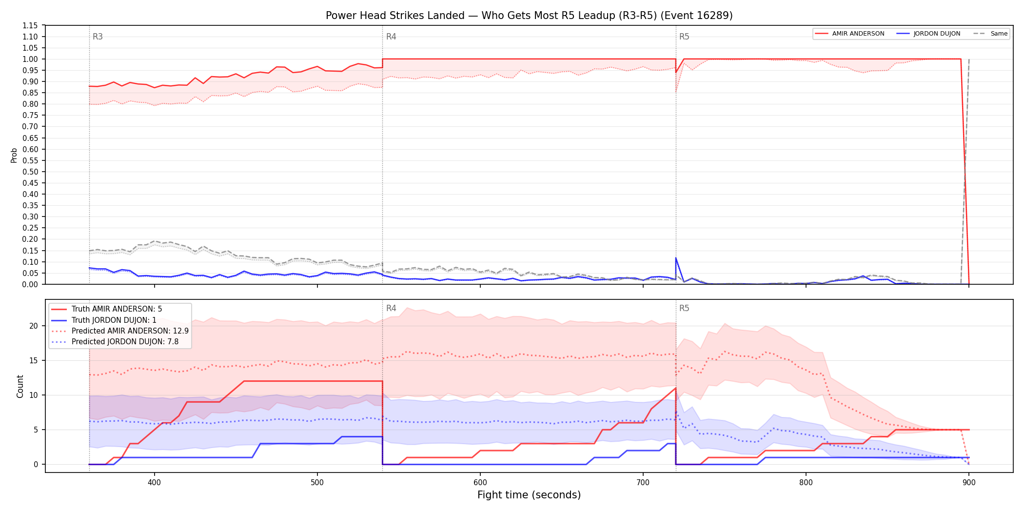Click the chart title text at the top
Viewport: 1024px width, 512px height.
pos(529,16)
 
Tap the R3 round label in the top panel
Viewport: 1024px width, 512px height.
pos(98,37)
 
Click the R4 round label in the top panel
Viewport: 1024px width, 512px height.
pos(391,37)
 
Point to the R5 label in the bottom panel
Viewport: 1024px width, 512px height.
pos(684,308)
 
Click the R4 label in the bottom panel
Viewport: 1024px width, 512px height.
pos(391,308)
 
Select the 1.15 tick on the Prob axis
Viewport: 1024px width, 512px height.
pos(30,25)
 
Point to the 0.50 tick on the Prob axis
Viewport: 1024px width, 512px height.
pos(30,172)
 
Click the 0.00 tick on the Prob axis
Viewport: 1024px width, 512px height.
pos(30,284)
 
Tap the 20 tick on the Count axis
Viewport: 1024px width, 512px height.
pos(34,326)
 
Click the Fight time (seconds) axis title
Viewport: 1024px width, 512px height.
pos(529,495)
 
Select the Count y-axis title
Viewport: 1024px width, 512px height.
pos(20,386)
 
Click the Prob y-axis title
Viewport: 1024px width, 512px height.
pos(14,155)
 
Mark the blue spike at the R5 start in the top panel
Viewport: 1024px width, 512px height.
pos(676,258)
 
